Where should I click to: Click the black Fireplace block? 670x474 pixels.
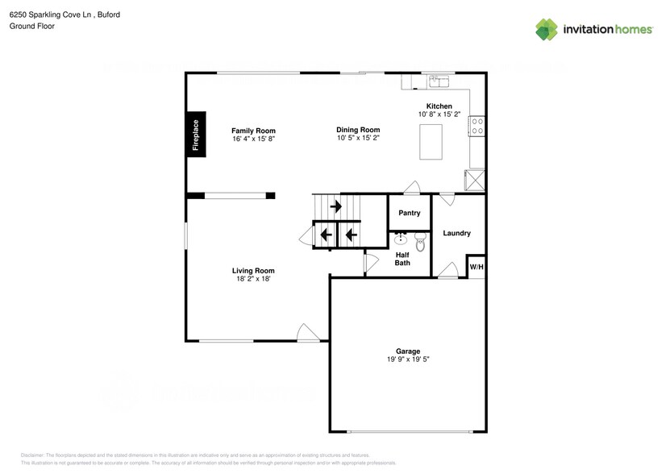[x=194, y=135]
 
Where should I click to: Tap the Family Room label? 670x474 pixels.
[x=253, y=131]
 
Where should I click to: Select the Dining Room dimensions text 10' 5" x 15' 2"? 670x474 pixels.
[x=358, y=138]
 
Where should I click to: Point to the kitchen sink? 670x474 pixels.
[x=439, y=81]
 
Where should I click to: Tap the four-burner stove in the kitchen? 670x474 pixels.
[x=477, y=126]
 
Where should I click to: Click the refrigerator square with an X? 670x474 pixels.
[x=476, y=180]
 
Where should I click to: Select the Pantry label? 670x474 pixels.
[x=410, y=214]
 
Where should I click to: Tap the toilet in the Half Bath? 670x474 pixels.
[x=420, y=240]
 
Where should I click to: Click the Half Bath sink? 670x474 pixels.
[x=401, y=239]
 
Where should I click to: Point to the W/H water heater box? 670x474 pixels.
[x=476, y=267]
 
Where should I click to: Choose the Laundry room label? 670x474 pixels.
[x=456, y=234]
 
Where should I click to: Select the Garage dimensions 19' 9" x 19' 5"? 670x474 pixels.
[x=407, y=360]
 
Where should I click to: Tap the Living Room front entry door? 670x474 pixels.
[x=308, y=332]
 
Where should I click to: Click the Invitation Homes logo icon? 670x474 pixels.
[x=547, y=29]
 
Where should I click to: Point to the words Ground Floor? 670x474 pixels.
[x=28, y=26]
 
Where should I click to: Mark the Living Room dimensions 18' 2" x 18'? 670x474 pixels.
[x=253, y=280]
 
